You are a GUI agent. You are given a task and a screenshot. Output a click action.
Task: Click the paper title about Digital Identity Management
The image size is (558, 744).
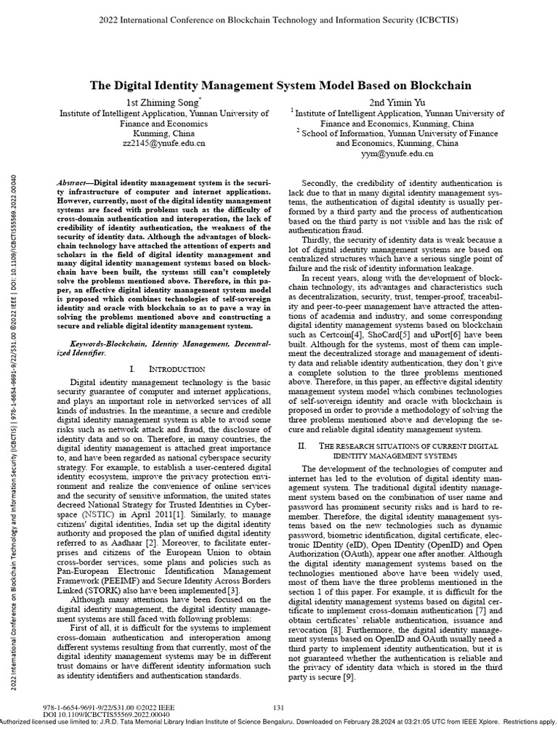pyautogui.click(x=280, y=85)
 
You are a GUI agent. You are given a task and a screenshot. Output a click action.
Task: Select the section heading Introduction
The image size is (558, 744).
pyautogui.click(x=166, y=369)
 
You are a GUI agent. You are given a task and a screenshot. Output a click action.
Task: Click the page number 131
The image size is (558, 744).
pyautogui.click(x=278, y=708)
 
